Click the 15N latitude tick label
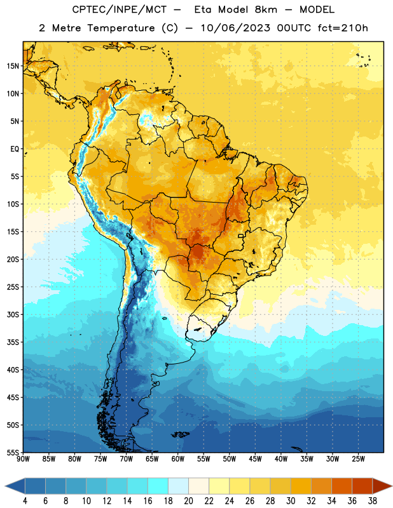13,66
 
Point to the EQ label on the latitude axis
15,149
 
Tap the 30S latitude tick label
13,314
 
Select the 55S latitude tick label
13,453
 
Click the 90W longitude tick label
23,459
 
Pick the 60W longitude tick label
177,459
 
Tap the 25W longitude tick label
358,459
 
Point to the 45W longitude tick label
255,459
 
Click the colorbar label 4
25,501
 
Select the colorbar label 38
372,501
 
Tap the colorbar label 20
188,501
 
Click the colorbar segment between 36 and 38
362,486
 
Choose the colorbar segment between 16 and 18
158,486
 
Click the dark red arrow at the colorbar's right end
382,486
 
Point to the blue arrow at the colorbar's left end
15,486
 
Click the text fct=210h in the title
343,28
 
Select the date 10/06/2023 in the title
235,28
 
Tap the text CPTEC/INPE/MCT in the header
119,10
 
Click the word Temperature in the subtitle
121,29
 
